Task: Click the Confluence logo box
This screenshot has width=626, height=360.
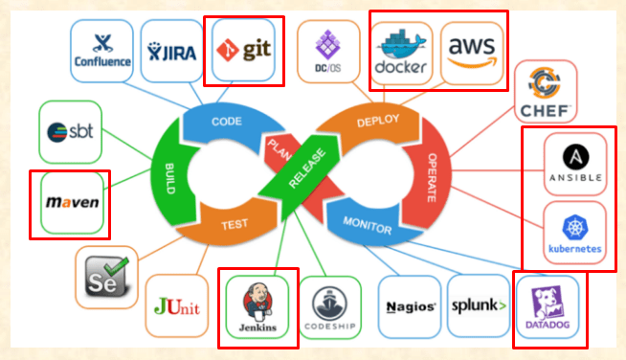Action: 102,51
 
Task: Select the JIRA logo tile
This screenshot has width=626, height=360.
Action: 170,51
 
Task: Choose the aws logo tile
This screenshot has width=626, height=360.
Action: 472,53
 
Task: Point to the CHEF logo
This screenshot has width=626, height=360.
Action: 545,93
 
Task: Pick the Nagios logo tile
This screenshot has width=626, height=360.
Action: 411,307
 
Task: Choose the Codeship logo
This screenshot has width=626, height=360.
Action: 329,308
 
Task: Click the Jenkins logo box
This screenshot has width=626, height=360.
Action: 258,308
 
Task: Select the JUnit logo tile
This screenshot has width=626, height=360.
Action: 178,307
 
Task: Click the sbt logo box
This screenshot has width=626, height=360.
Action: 70,131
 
